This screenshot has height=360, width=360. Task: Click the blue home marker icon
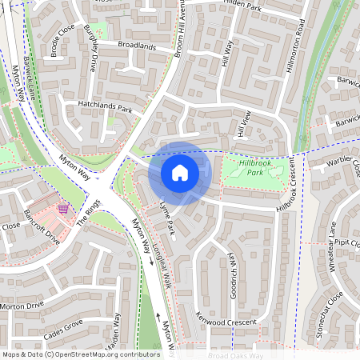180,172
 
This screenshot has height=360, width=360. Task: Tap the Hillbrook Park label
255,167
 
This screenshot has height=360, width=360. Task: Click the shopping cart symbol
62,209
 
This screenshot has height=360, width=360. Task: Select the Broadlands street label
136,46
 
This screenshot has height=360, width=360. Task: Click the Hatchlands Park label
104,106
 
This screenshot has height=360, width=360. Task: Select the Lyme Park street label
167,218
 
